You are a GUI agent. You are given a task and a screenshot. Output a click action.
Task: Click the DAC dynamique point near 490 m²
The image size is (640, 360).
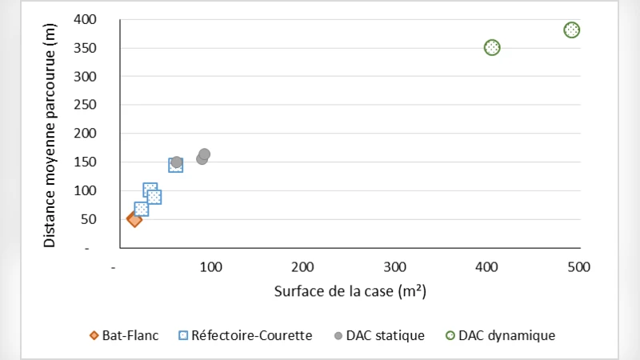tap(571, 30)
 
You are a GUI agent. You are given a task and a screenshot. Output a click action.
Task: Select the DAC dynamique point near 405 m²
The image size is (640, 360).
tap(492, 47)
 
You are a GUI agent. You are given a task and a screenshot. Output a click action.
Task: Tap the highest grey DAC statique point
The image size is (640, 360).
tap(204, 154)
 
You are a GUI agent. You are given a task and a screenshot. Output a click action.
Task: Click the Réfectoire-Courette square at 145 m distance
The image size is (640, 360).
tap(176, 165)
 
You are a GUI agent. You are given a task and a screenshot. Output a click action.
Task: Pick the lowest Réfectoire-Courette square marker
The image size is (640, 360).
tap(142, 210)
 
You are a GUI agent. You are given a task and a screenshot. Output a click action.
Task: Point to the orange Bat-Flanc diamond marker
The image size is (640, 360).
tap(134, 218)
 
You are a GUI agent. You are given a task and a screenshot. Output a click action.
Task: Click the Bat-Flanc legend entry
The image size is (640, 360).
tap(123, 335)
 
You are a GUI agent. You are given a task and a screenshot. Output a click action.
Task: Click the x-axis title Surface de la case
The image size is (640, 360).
tap(350, 291)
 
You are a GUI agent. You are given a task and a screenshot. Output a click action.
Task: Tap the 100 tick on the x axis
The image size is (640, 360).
tap(210, 266)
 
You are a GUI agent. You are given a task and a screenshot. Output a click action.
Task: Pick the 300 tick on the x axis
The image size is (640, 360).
tap(394, 266)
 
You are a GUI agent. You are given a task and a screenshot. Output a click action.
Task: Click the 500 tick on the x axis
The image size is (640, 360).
tap(578, 266)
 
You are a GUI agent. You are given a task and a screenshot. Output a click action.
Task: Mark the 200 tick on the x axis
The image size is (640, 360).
tap(302, 266)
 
